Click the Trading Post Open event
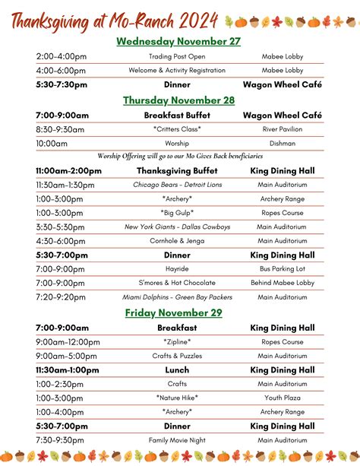(177, 56)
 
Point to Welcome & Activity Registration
(177, 70)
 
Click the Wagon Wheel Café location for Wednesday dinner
(282, 84)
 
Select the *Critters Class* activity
(177, 129)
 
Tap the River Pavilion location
(282, 129)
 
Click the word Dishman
(282, 143)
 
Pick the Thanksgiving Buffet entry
(177, 171)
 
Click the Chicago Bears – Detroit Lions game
(177, 185)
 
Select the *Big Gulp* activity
(177, 213)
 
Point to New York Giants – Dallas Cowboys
(177, 227)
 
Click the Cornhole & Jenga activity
(177, 241)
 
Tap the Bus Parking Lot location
(282, 269)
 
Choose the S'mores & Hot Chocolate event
(177, 283)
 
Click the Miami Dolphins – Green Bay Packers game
(177, 297)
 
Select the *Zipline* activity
(177, 342)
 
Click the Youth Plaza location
(282, 398)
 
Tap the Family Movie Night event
(177, 440)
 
